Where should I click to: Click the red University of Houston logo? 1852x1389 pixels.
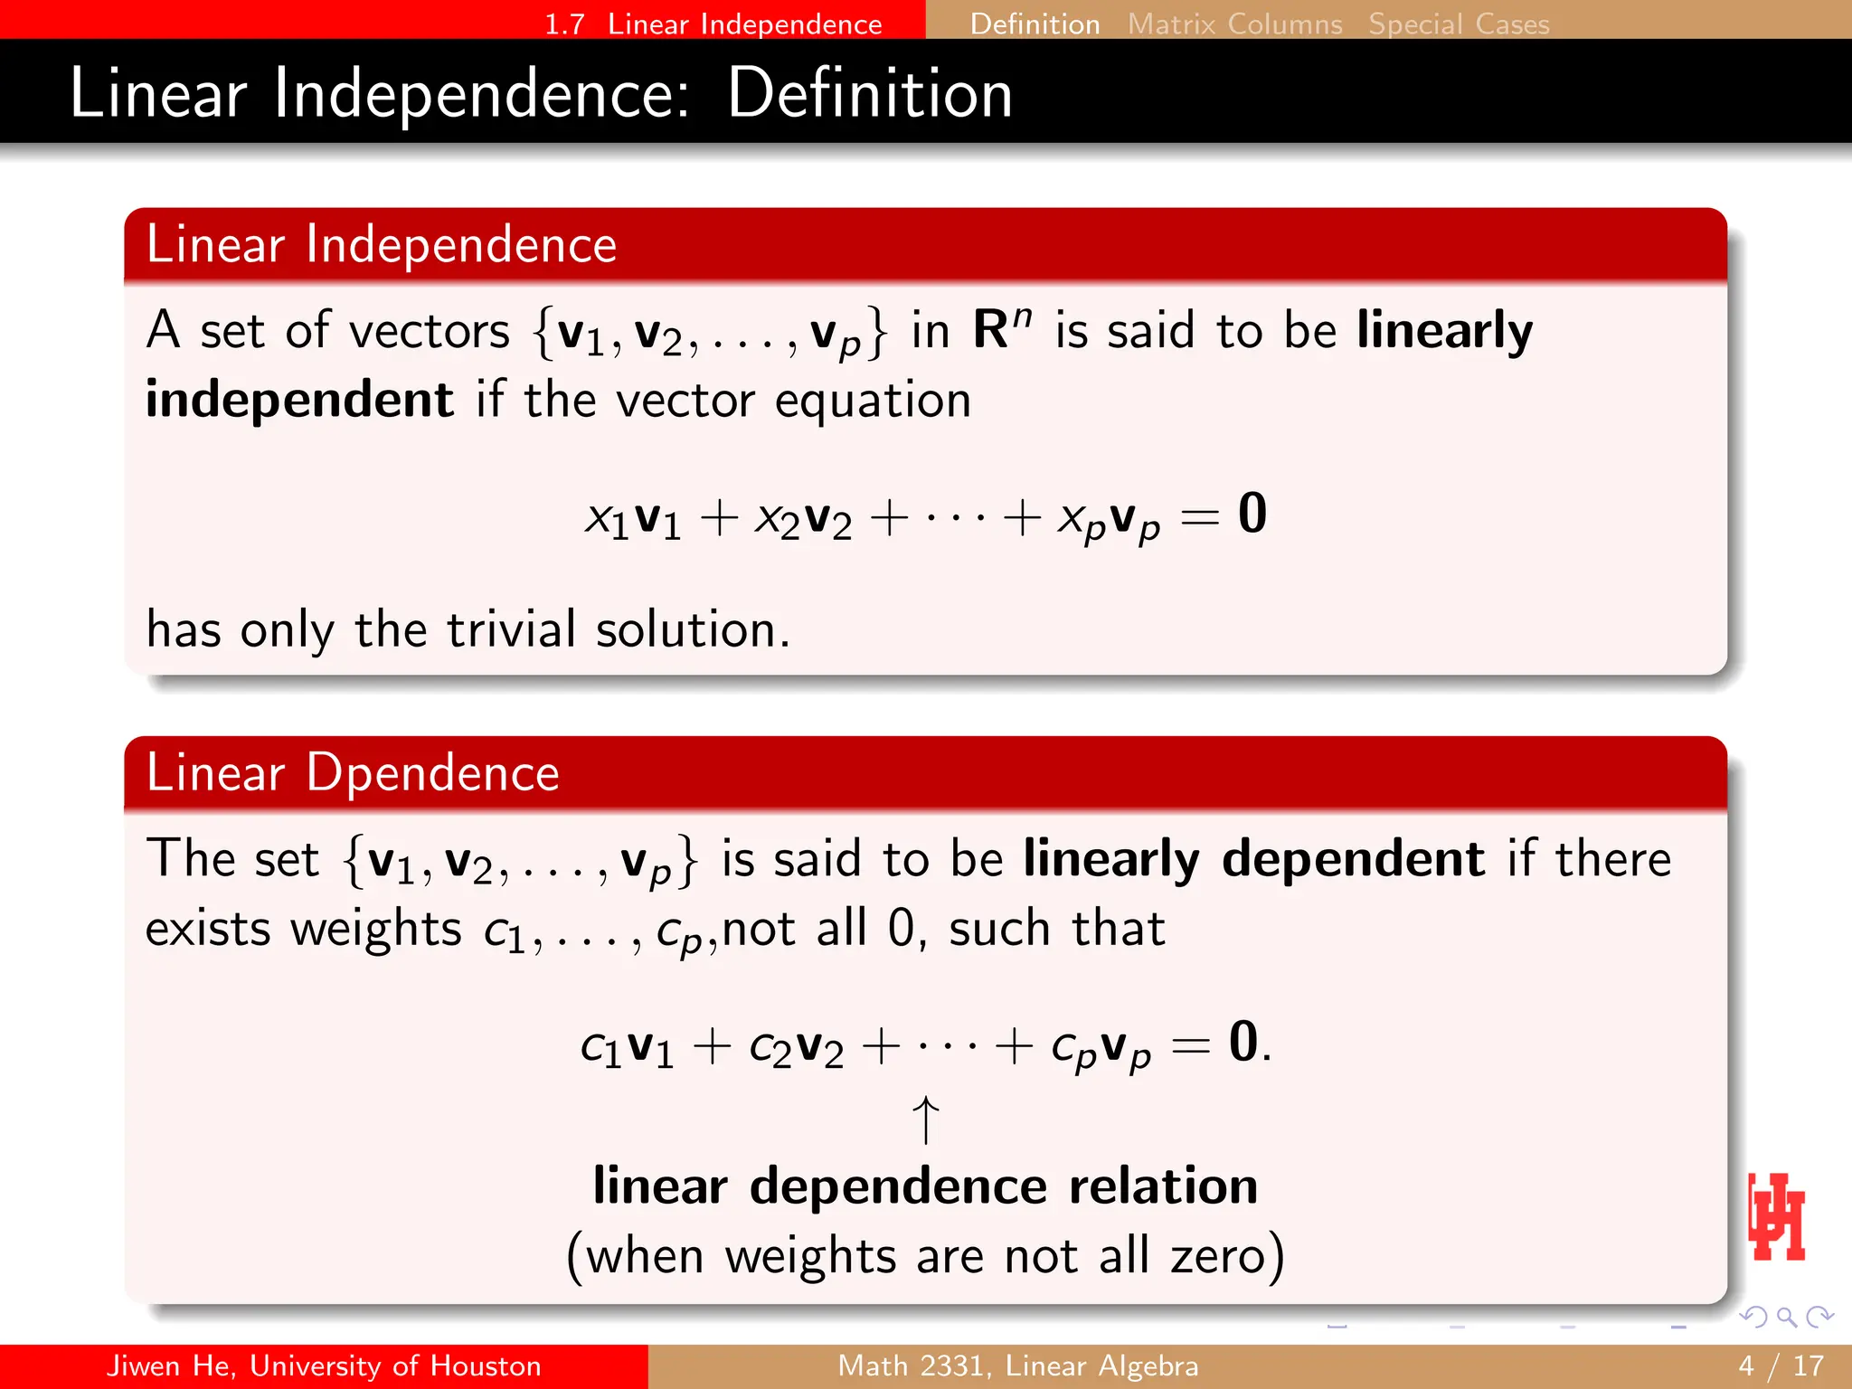[1777, 1217]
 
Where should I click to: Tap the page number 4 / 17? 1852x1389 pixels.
[1781, 1365]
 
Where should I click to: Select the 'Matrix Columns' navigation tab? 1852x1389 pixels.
[1234, 24]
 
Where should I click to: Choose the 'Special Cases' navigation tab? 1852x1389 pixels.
[1459, 24]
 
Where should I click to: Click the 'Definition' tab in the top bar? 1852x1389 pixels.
[1035, 24]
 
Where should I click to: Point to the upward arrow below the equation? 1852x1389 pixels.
[925, 1120]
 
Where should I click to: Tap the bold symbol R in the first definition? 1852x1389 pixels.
[991, 329]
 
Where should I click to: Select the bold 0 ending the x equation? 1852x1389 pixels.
[1252, 514]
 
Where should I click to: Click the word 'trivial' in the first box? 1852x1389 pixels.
[511, 629]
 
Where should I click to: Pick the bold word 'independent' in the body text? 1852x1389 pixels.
[299, 400]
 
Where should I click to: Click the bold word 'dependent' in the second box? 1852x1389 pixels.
[1353, 858]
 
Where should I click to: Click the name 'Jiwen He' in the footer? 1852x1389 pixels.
[168, 1365]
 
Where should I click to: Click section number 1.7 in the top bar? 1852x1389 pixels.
[564, 24]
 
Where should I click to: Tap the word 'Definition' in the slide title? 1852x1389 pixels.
[869, 93]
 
